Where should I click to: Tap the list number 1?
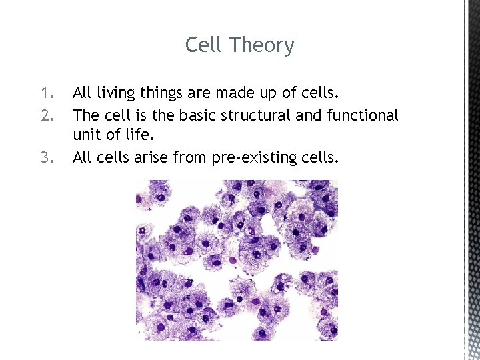[45, 91]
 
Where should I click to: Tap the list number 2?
[45, 115]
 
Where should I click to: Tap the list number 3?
[45, 158]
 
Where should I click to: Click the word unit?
[86, 136]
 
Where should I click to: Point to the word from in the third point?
[191, 158]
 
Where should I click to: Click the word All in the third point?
[82, 158]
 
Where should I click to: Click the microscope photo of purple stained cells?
[237, 260]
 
